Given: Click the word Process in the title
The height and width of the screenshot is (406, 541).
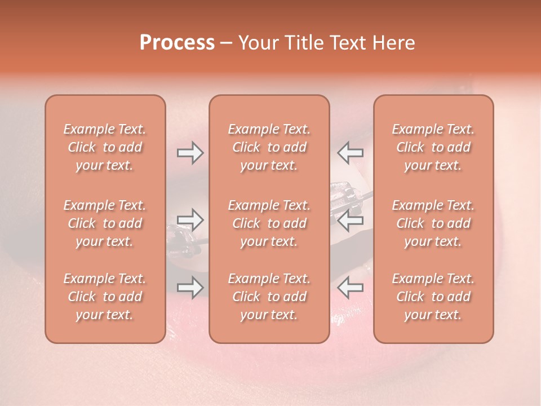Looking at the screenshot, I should pyautogui.click(x=177, y=43).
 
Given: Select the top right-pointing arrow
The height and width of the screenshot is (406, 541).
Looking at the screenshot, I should pyautogui.click(x=190, y=153).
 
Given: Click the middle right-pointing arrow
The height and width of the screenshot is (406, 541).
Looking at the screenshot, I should pyautogui.click(x=190, y=220).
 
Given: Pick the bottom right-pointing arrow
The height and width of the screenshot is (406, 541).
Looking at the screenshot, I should pyautogui.click(x=190, y=288).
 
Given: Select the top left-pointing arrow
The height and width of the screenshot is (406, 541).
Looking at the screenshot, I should pyautogui.click(x=350, y=153).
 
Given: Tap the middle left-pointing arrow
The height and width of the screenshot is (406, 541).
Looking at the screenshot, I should pyautogui.click(x=350, y=220).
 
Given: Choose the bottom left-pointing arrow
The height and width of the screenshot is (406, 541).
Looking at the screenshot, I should pyautogui.click(x=350, y=288).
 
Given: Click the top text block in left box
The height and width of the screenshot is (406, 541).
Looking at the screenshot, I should pyautogui.click(x=105, y=147).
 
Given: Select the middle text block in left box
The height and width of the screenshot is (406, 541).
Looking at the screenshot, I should pyautogui.click(x=105, y=223).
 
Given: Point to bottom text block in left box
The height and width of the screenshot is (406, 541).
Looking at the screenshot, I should pyautogui.click(x=105, y=297).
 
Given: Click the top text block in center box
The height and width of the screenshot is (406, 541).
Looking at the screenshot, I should pyautogui.click(x=269, y=147).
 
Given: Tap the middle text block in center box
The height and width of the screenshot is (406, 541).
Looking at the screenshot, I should pyautogui.click(x=269, y=223).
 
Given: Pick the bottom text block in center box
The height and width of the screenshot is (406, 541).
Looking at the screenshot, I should pyautogui.click(x=269, y=297).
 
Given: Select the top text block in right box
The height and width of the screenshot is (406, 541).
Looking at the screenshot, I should pyautogui.click(x=433, y=147).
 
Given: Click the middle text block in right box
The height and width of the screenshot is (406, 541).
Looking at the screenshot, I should pyautogui.click(x=433, y=223).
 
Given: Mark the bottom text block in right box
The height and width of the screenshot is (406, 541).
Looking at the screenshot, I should pyautogui.click(x=433, y=297).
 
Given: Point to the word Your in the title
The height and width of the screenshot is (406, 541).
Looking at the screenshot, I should pyautogui.click(x=257, y=43).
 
